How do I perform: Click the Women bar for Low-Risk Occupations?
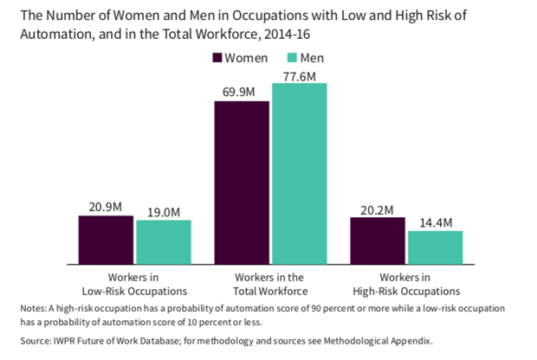click(106, 240)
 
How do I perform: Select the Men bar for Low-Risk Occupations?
click(163, 242)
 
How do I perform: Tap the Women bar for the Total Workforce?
click(242, 182)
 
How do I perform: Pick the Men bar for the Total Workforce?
click(300, 173)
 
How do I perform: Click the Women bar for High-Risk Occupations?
click(378, 241)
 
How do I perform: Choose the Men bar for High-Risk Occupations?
click(435, 247)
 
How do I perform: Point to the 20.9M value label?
click(106, 208)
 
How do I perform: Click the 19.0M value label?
click(163, 212)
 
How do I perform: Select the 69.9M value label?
click(242, 93)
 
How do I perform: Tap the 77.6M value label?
click(300, 75)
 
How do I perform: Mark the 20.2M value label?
click(378, 209)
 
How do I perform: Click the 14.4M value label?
click(435, 222)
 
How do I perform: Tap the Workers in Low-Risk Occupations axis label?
click(134, 284)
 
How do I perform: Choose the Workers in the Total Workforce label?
click(270, 284)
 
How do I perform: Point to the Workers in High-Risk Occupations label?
click(406, 284)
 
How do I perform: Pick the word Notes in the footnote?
click(32, 308)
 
